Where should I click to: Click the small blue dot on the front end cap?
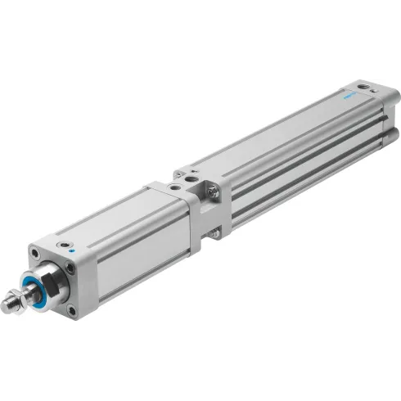(72, 250)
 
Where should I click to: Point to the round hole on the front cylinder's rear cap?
(174, 187)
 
